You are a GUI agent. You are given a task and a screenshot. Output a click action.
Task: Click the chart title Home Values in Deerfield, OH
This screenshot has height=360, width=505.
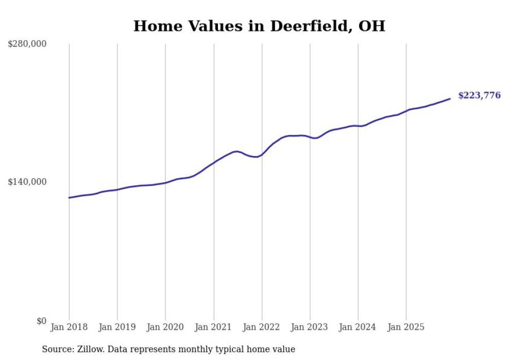point(259,26)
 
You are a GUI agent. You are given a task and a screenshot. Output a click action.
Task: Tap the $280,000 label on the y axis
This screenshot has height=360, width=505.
point(27,44)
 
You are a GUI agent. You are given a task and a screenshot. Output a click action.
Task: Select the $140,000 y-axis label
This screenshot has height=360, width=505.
point(27,182)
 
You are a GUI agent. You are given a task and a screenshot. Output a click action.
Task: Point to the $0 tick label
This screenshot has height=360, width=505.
point(41,321)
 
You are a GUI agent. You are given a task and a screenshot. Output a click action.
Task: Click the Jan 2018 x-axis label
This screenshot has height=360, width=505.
point(69,327)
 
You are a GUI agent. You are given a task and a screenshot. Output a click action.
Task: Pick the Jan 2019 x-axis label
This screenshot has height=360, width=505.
point(117,327)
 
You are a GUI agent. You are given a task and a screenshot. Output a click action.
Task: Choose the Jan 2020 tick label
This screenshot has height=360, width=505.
point(165,327)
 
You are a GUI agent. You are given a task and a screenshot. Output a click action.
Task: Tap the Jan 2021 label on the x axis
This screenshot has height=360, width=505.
point(213,327)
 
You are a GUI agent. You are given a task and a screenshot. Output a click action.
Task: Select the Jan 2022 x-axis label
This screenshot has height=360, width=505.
point(262,327)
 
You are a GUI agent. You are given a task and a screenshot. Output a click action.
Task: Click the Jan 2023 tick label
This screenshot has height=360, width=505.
point(310,327)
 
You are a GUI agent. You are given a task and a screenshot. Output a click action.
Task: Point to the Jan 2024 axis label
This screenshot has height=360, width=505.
point(358,327)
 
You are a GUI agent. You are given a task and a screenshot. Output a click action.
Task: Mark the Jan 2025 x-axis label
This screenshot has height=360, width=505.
point(406,327)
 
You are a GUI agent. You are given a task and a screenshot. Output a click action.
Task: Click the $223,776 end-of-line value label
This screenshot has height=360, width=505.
point(479,95)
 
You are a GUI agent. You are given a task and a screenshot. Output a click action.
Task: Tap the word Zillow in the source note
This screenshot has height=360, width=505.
point(90,349)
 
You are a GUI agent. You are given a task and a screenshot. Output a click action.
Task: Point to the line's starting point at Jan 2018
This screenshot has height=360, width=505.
point(69,198)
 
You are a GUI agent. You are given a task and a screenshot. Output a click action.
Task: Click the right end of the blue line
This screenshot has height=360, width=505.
point(450,99)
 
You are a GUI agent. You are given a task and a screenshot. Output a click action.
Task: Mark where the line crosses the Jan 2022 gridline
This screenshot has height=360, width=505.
point(262,153)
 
